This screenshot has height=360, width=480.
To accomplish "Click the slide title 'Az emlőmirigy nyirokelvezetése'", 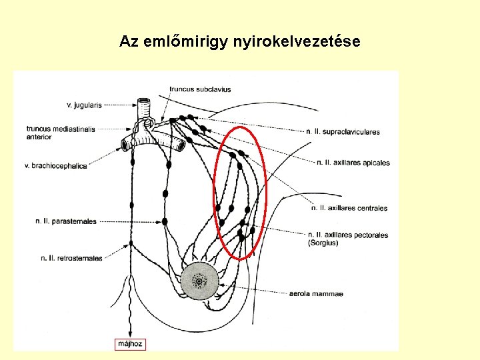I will click(x=240, y=41).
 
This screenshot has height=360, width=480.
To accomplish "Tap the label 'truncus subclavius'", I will click(x=200, y=89).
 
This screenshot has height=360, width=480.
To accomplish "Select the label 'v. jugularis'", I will click(x=84, y=105).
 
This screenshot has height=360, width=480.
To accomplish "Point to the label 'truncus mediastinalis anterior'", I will click(x=61, y=133).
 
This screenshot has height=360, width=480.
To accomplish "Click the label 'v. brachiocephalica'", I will click(x=56, y=165).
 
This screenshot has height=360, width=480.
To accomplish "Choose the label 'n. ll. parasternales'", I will click(x=66, y=221).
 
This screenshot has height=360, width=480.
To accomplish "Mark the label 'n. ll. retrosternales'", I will click(x=72, y=257).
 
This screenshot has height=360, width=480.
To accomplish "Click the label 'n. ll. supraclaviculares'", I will click(x=343, y=132).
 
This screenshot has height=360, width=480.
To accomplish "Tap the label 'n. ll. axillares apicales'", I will click(x=353, y=163).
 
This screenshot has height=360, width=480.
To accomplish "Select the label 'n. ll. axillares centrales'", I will click(x=349, y=208).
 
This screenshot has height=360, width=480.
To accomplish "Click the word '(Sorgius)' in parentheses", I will click(x=323, y=243).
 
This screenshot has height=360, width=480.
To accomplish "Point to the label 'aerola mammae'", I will click(x=316, y=293).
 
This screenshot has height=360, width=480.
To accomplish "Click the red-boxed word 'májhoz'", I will click(x=131, y=344).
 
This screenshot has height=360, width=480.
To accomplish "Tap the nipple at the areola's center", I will click(x=199, y=281).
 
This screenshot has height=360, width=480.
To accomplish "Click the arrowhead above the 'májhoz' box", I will click(x=131, y=335).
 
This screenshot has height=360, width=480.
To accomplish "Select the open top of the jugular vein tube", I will click(x=145, y=101).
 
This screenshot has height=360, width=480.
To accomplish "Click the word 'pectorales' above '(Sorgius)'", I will click(x=370, y=235).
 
